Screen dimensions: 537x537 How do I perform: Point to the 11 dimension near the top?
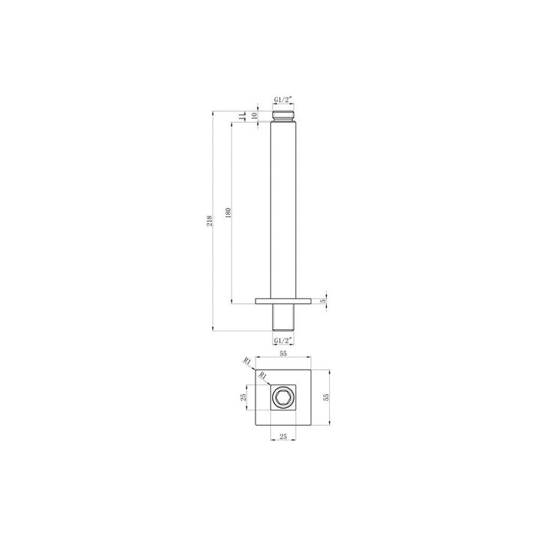(x=239, y=116)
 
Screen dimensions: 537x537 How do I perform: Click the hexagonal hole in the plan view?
(x=282, y=397)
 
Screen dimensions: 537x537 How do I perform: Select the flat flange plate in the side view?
(x=282, y=301)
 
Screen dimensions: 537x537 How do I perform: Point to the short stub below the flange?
(x=282, y=317)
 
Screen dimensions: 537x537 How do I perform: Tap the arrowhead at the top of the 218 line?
(x=213, y=113)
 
